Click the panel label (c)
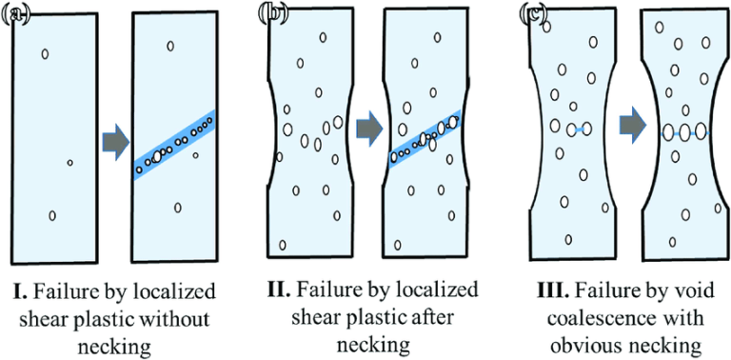(x=531, y=14)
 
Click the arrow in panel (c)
(x=630, y=125)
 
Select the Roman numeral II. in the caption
(x=285, y=290)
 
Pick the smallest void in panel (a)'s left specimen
(x=69, y=163)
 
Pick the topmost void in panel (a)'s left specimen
(x=45, y=53)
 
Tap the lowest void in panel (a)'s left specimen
(x=52, y=215)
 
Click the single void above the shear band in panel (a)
(x=170, y=46)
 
